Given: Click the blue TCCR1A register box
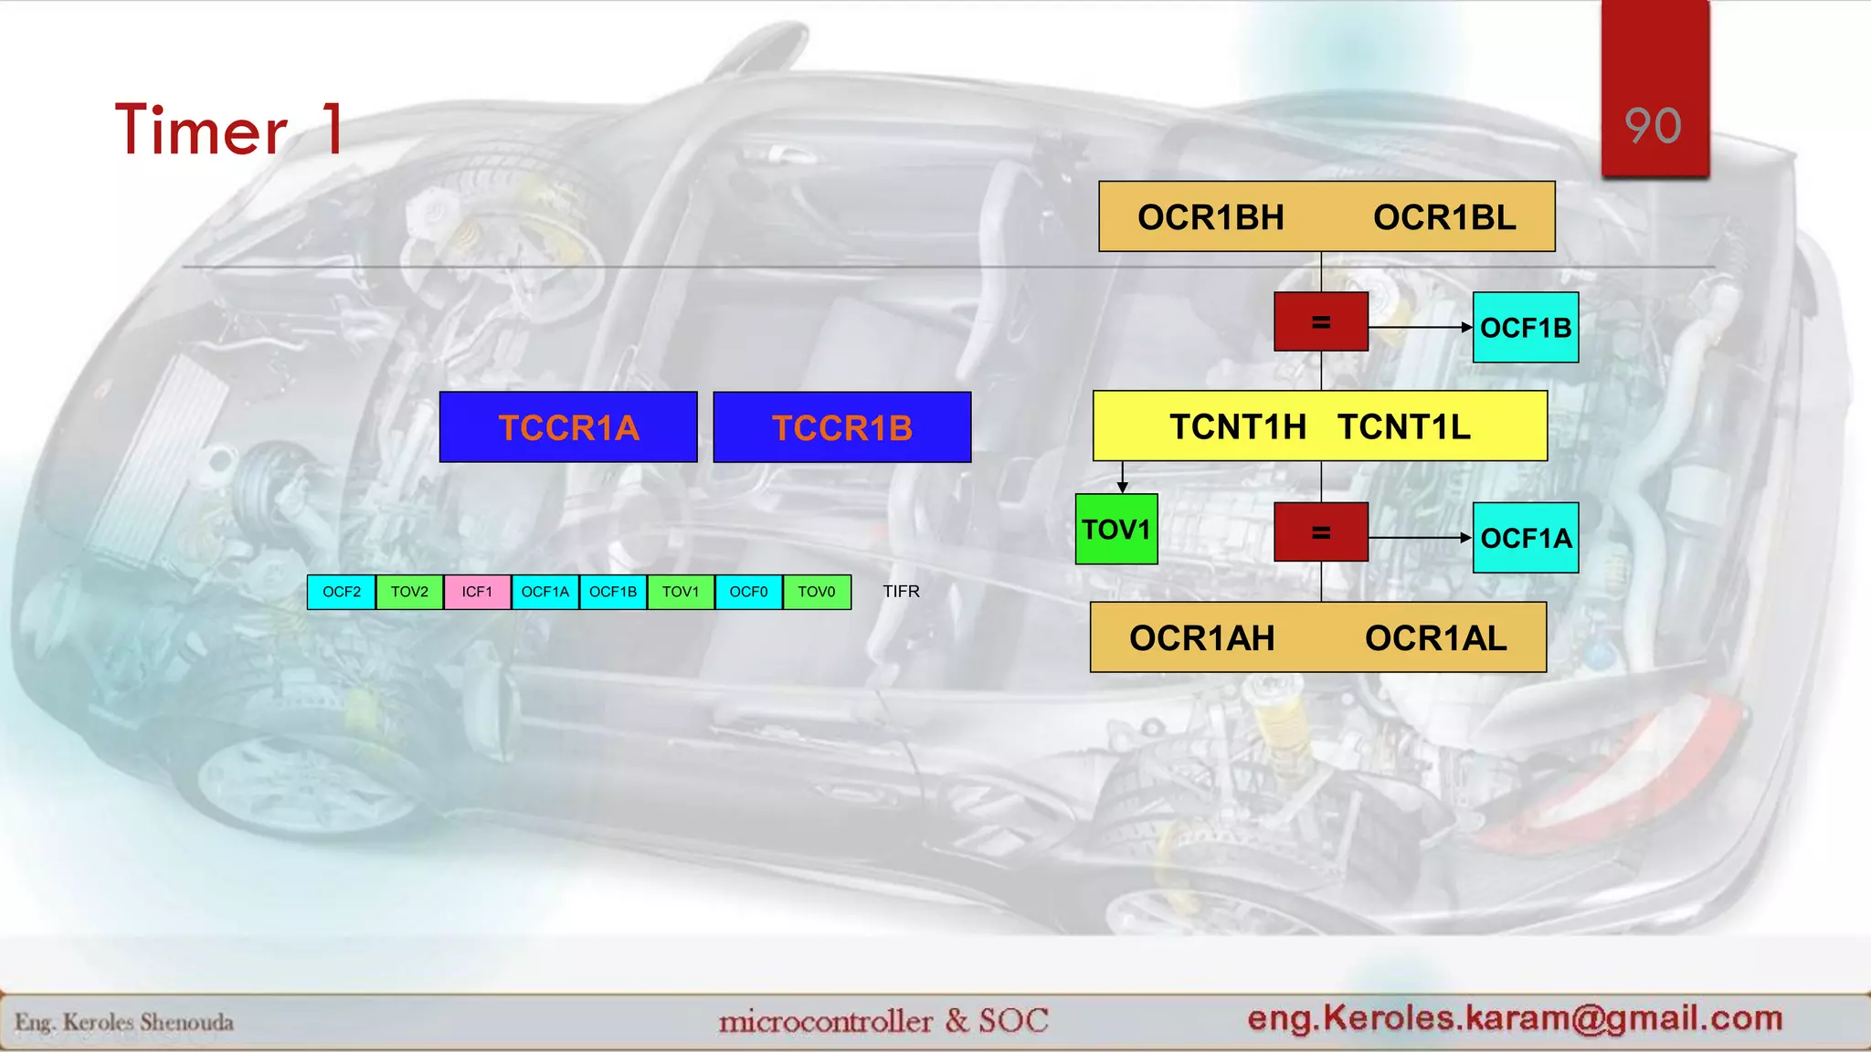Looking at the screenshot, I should point(568,427).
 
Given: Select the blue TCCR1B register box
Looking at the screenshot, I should point(841,427).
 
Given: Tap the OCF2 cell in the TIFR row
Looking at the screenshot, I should point(342,592).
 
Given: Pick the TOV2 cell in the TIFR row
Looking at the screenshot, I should point(409,592).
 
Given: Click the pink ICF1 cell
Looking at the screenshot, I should point(477,592).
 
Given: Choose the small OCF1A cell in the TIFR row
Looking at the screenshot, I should point(544,592).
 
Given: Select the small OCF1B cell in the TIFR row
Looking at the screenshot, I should point(613,592).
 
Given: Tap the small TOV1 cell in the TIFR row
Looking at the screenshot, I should point(681,592).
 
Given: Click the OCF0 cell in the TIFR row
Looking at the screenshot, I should point(748,592).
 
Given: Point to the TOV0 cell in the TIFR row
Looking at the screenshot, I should point(817,592).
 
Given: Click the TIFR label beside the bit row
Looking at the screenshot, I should point(901,592).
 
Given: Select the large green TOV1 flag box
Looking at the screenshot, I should point(1116,530).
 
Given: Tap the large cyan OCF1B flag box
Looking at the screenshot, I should point(1526,328).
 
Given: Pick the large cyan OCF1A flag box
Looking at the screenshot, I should point(1526,538).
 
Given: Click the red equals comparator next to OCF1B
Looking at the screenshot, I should point(1321,322).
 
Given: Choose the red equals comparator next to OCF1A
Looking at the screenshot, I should point(1321,532).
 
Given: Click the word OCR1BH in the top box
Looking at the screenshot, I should point(1210,217).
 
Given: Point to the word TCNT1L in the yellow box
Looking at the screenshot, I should point(1404,426).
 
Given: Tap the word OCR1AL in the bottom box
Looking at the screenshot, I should point(1435,638).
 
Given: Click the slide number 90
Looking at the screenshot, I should point(1654,126).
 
